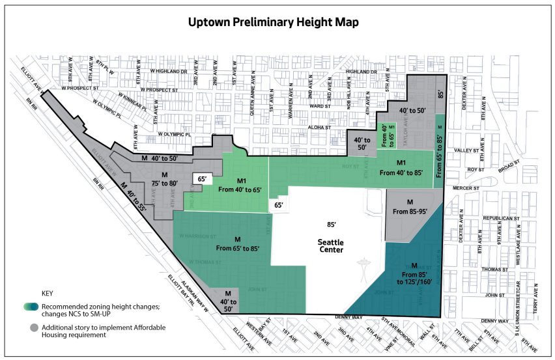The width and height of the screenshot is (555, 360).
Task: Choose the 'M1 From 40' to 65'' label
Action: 242,186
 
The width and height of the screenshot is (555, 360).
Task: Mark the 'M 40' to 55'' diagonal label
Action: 137,193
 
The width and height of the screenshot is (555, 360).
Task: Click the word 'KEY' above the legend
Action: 48,294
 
